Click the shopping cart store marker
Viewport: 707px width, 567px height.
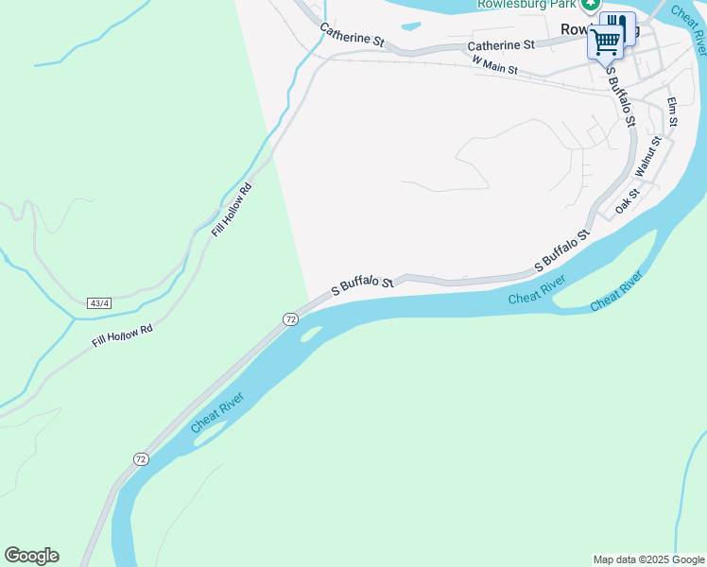click(x=606, y=41)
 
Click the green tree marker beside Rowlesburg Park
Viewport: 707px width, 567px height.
click(x=591, y=5)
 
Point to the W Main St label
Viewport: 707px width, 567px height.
click(x=495, y=65)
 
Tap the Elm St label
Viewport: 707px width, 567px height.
click(x=673, y=111)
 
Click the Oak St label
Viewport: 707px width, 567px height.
click(x=628, y=199)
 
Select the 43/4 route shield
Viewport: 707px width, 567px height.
click(x=98, y=303)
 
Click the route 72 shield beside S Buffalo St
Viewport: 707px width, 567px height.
click(x=290, y=320)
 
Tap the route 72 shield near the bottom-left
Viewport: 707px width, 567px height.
click(x=140, y=459)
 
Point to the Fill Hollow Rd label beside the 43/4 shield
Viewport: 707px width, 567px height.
click(x=123, y=335)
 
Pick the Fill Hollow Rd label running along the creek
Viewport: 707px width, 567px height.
click(x=233, y=209)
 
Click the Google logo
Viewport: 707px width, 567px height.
click(x=31, y=556)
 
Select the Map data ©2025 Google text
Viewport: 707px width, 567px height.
click(x=648, y=559)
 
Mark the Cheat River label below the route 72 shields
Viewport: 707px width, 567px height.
click(x=217, y=412)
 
